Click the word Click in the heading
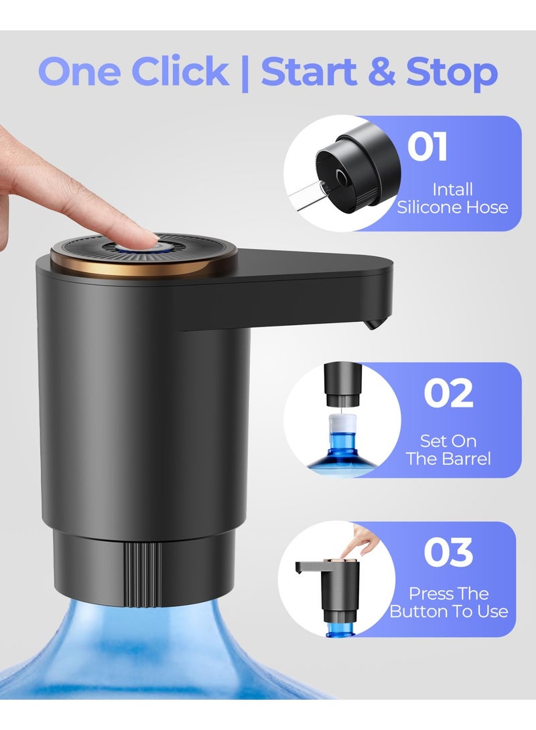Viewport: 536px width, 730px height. click(180, 71)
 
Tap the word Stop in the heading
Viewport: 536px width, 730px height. click(452, 73)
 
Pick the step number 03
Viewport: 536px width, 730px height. click(448, 552)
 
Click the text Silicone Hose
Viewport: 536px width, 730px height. click(452, 207)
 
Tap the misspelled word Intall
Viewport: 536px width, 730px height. click(452, 189)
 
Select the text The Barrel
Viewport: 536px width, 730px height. click(448, 458)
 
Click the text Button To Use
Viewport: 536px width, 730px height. click(448, 612)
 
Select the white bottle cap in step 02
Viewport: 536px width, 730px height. click(343, 423)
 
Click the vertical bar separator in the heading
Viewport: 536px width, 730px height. click(245, 73)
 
